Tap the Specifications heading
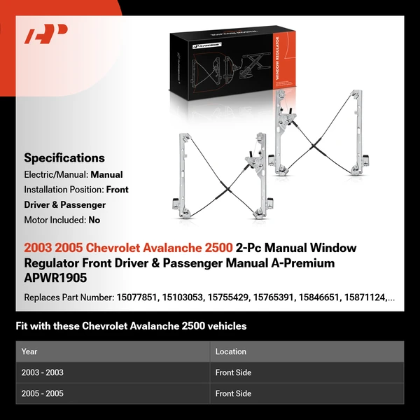[x=64, y=157]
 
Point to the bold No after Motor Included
[x=94, y=220]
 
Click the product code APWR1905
[x=55, y=277]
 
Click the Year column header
[x=29, y=351]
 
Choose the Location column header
[x=231, y=351]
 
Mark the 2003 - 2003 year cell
[x=43, y=372]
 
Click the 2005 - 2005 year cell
[x=43, y=393]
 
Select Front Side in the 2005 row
[x=233, y=393]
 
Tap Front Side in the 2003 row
[x=233, y=372]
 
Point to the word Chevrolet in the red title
[x=113, y=248]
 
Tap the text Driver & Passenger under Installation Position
[x=64, y=205]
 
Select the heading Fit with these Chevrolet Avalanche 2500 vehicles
[x=131, y=326]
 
